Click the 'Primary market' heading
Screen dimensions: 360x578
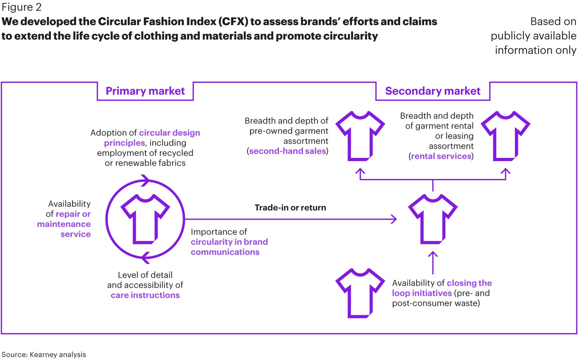(x=145, y=91)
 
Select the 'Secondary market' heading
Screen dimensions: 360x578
(x=432, y=91)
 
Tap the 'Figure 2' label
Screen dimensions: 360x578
(x=21, y=7)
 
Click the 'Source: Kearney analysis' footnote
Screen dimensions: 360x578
(x=43, y=354)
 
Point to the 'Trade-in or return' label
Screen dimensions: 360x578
(x=290, y=208)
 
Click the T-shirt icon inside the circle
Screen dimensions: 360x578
(x=145, y=219)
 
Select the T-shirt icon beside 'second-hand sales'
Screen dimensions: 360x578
(x=360, y=136)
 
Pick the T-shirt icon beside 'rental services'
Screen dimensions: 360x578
(x=505, y=136)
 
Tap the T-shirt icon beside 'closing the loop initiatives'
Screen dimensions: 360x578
(x=360, y=293)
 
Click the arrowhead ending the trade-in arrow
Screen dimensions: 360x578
(x=394, y=219)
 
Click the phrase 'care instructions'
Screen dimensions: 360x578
(x=145, y=295)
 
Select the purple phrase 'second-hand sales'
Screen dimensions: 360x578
(x=288, y=151)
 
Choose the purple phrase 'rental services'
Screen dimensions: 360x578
(x=441, y=156)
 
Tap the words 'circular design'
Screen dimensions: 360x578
(x=170, y=133)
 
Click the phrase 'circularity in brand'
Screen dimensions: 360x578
(x=229, y=242)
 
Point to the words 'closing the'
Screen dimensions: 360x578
(x=469, y=283)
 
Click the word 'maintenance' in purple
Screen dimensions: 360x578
(x=64, y=224)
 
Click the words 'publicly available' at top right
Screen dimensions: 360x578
(x=533, y=36)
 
